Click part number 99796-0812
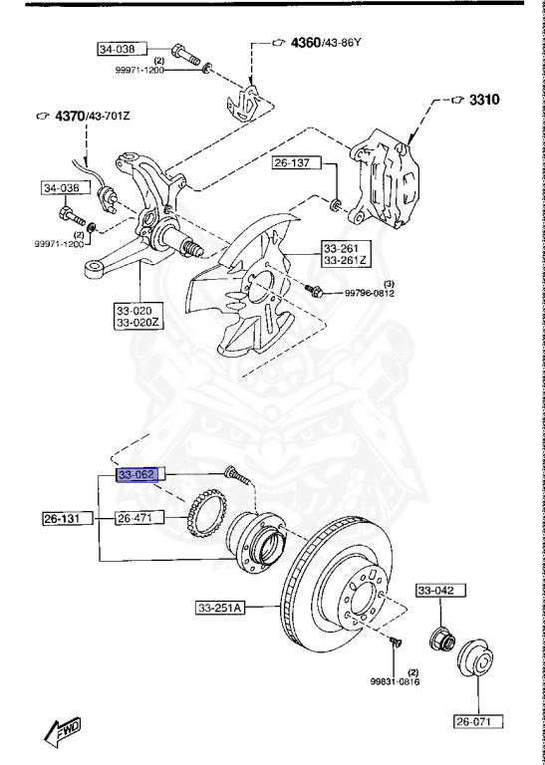pos(370,293)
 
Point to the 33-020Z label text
pos(141,323)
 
